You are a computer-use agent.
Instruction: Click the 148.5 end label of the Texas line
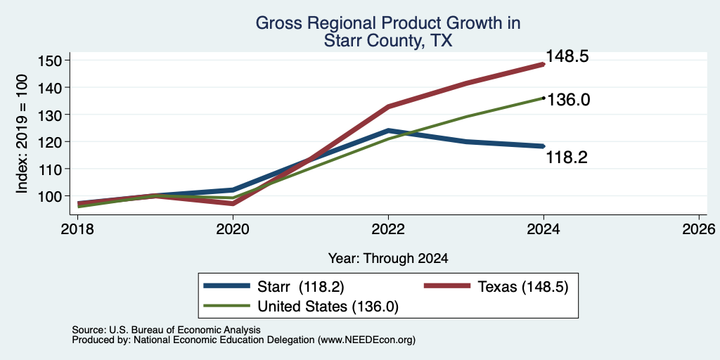click(x=567, y=56)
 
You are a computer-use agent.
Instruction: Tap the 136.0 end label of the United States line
click(x=568, y=100)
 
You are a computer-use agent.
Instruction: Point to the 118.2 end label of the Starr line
click(x=567, y=158)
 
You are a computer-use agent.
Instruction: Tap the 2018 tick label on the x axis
click(x=77, y=229)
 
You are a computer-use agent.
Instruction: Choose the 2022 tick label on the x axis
click(x=388, y=229)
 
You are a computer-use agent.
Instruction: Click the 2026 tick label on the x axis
click(x=699, y=229)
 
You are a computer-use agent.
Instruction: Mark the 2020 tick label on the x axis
click(x=233, y=229)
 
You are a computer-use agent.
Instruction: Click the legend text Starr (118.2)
click(x=301, y=287)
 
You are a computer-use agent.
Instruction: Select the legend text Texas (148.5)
click(x=523, y=287)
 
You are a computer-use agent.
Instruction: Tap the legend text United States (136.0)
click(x=328, y=307)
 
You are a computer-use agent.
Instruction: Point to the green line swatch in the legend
click(x=227, y=306)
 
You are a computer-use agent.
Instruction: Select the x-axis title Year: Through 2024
click(x=388, y=259)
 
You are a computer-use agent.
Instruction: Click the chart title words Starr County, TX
click(x=388, y=41)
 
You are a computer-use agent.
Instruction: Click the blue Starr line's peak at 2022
click(x=388, y=131)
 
